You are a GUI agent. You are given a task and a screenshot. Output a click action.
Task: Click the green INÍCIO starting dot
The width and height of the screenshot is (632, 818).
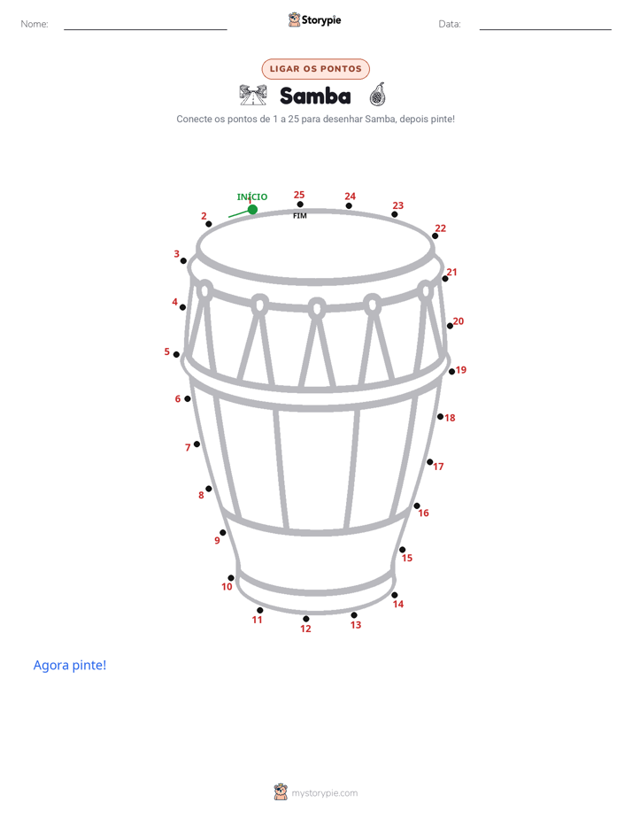(252, 209)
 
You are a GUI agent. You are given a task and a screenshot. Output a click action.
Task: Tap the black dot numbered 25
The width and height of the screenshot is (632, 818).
(300, 204)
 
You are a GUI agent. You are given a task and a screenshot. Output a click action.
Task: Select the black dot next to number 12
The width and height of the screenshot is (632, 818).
(306, 619)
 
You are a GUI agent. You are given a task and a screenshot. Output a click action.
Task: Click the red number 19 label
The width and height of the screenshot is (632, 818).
(461, 370)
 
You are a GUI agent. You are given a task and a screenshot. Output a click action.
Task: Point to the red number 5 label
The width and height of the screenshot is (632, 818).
(167, 351)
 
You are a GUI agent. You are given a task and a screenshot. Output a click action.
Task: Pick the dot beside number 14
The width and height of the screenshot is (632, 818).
(395, 595)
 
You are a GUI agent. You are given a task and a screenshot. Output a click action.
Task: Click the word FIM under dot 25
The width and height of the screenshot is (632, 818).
(300, 216)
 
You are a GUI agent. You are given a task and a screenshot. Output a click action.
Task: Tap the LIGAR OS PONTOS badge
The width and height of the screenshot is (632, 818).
(315, 69)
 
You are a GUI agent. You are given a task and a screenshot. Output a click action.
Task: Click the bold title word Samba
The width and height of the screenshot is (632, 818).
(315, 96)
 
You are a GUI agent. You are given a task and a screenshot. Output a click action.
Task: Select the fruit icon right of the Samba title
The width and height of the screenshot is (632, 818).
(377, 95)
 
